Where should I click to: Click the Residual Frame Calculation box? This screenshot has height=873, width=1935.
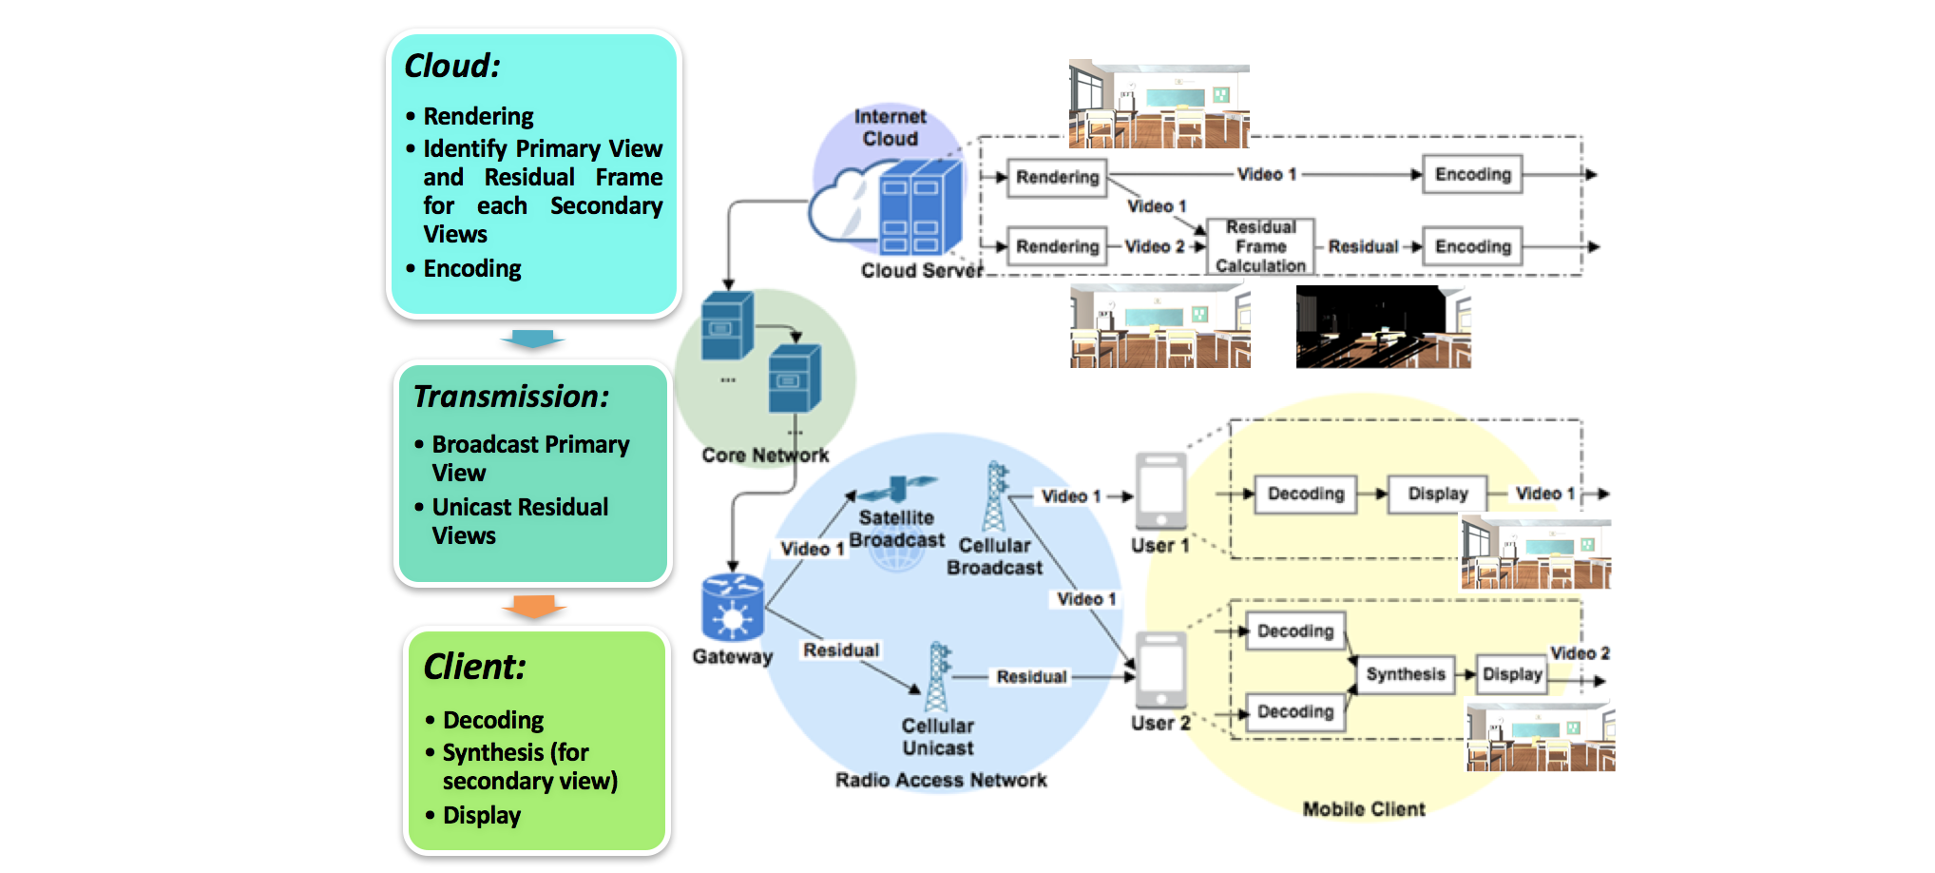point(1260,246)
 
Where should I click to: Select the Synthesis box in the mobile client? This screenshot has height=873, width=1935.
point(1405,674)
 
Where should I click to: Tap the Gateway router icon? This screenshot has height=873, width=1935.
point(732,609)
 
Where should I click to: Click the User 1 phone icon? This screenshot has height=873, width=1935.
point(1160,491)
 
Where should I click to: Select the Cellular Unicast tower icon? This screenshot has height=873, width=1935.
point(938,677)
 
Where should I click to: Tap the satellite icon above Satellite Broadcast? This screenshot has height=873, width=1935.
point(897,489)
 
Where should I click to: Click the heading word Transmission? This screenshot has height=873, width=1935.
point(511,397)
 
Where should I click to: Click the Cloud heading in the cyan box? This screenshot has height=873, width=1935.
point(452,66)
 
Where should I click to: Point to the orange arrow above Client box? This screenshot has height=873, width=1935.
point(533,606)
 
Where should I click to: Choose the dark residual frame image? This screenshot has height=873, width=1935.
point(1383,327)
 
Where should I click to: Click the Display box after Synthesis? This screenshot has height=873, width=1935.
point(1511,674)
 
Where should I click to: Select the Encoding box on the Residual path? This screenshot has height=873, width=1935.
point(1472,246)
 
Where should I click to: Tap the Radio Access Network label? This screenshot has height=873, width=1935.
point(941,781)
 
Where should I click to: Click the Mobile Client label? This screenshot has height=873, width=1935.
point(1364,809)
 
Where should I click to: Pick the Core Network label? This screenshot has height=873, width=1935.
point(765,456)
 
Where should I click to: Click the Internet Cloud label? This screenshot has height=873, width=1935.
point(890,127)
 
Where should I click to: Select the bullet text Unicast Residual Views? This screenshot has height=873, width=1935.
point(520,521)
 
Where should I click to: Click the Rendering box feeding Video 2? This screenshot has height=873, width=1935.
point(1057,246)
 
